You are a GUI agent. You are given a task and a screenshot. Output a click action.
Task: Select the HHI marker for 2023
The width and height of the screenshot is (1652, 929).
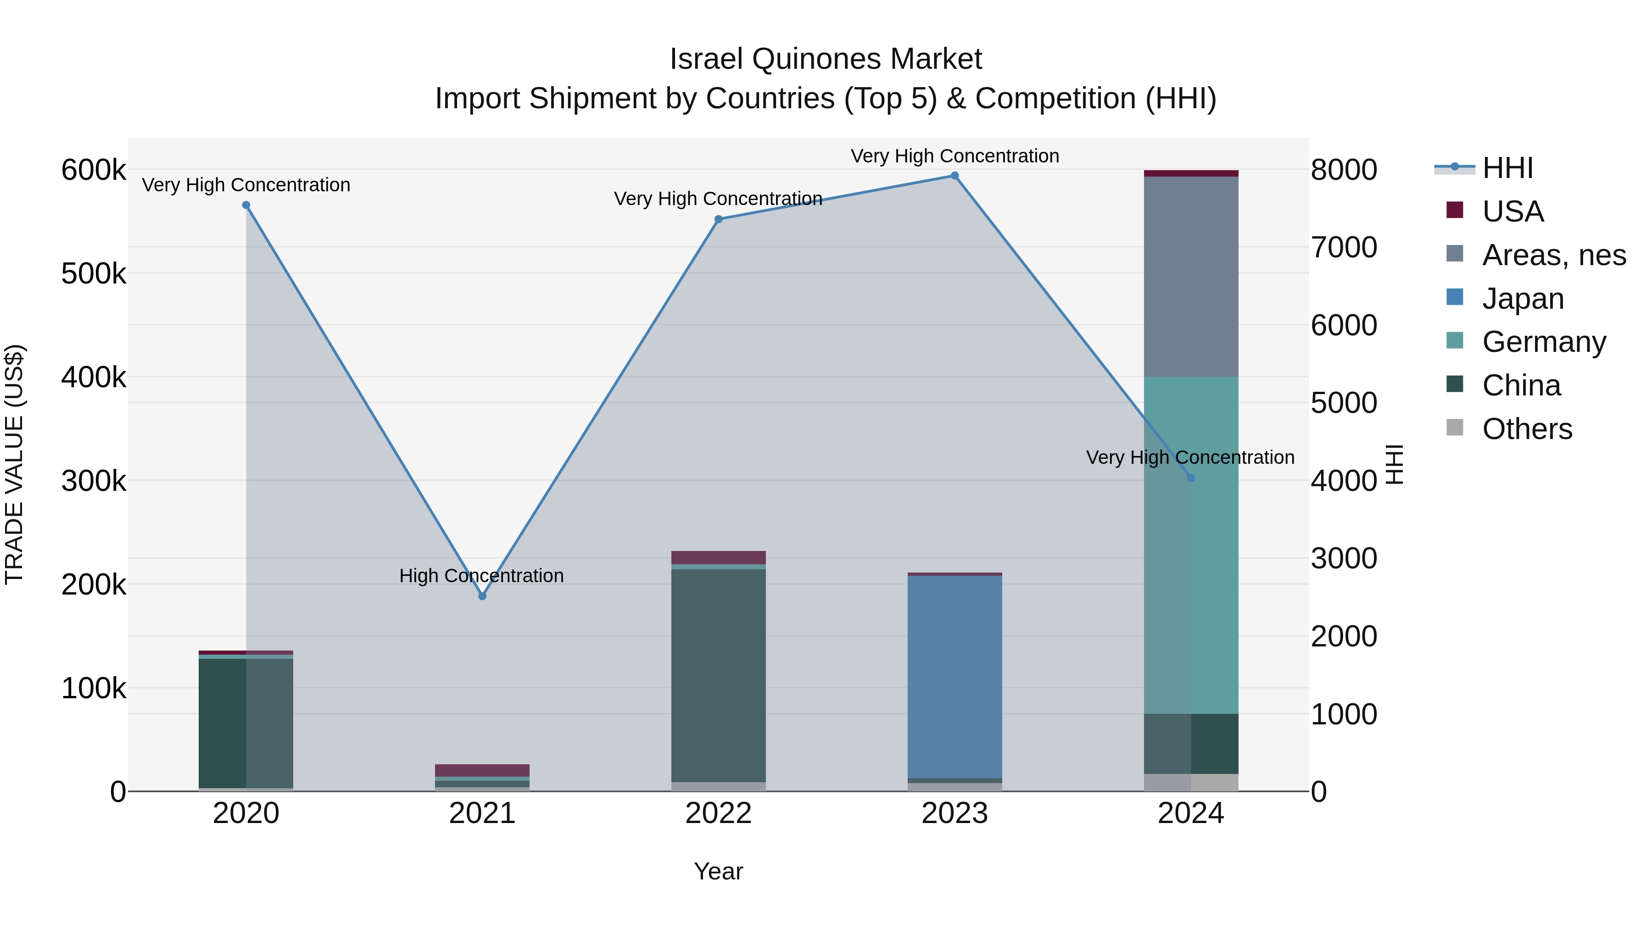point(954,176)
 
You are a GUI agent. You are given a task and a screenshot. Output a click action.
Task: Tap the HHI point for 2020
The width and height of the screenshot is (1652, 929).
point(246,205)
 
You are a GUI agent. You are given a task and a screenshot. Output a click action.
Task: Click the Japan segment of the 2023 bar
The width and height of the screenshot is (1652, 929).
point(954,676)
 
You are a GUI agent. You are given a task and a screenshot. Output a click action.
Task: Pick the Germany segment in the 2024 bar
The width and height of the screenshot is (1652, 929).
point(1191,545)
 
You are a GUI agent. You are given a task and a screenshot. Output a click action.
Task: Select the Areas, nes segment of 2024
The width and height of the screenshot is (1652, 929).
point(1191,276)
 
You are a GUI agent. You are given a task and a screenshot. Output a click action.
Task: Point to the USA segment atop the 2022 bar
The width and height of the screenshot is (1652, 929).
point(718,557)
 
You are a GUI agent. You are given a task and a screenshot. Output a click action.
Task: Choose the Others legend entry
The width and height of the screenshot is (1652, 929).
point(1526,429)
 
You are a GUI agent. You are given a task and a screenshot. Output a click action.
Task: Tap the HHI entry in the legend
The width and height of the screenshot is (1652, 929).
point(1507,168)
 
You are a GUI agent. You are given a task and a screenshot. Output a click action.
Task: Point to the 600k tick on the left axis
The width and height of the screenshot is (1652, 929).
point(94,171)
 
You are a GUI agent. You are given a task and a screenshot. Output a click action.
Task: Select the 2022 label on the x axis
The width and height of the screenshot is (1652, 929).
point(718,813)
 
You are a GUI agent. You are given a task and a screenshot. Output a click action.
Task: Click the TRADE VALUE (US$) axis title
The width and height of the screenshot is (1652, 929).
point(14,464)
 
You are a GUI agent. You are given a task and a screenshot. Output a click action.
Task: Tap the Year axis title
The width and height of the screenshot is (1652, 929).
point(718,871)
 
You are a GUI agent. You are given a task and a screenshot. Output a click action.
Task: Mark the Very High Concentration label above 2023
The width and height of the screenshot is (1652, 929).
point(954,156)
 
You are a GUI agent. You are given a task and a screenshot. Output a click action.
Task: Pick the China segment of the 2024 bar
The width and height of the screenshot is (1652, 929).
point(1191,744)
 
